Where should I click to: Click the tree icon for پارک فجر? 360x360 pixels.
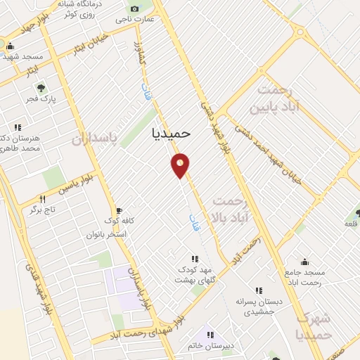[x=41, y=89]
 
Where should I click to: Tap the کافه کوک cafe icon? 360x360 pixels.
[x=118, y=210]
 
